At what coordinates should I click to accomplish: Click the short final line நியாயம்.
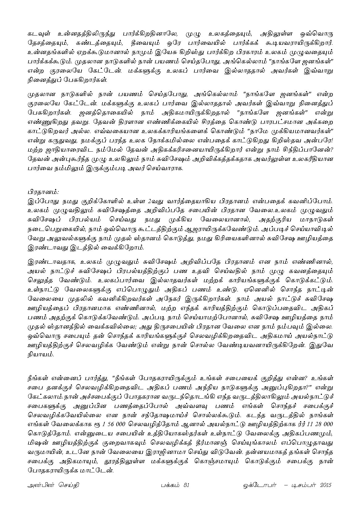click(x=40, y=355)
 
